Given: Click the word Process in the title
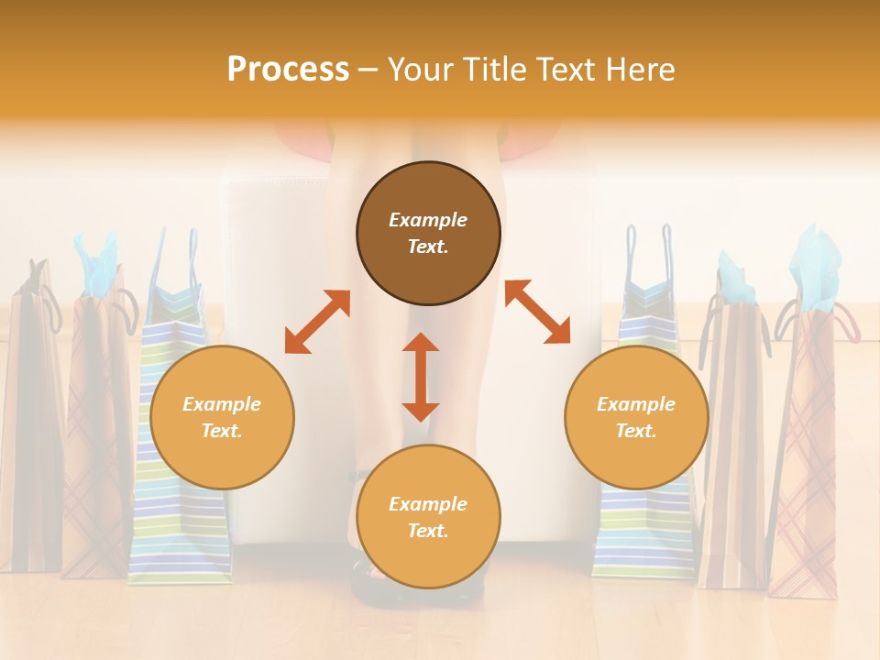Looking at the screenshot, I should point(288,70).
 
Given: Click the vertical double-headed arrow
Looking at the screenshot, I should point(421,377).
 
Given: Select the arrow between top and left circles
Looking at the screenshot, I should point(317,322).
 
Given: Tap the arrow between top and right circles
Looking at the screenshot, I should point(537,312).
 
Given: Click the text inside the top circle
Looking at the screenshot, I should point(428,233).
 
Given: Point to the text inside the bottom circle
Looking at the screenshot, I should point(428,517).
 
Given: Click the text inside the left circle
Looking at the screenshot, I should point(222,417).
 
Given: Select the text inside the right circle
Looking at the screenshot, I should point(636,417).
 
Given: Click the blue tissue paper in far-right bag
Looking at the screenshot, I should point(815,266).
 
